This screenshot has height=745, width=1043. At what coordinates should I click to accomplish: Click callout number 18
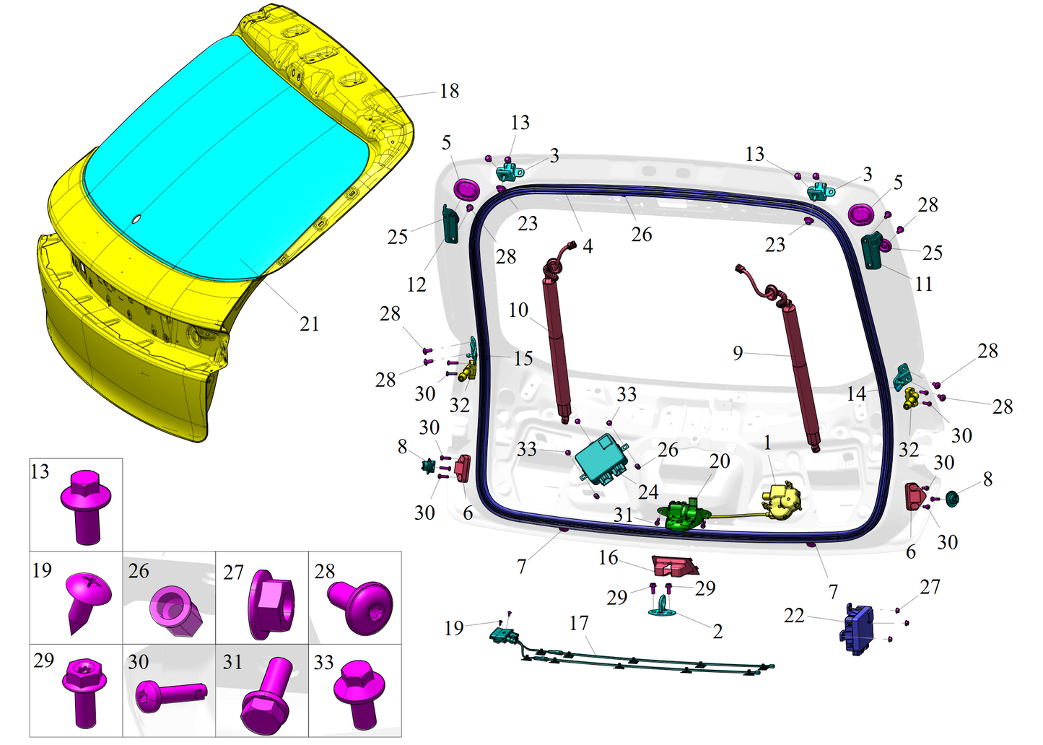coord(449,91)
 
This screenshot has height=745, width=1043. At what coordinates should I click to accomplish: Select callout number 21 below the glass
coord(309,324)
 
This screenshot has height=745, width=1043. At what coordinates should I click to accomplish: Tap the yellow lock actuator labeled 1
coord(782,500)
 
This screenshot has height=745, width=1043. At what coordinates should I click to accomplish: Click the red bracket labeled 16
coord(673,565)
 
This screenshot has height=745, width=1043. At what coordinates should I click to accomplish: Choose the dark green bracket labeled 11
coord(872,250)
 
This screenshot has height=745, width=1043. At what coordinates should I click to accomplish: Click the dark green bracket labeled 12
coord(451,224)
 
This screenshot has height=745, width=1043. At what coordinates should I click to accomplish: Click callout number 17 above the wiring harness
coord(579,623)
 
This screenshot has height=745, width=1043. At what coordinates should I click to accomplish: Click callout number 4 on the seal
coord(588,247)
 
